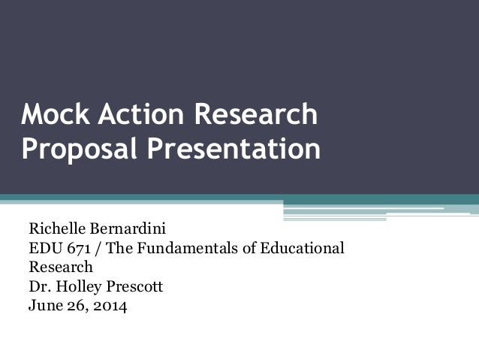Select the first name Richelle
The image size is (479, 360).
(55, 227)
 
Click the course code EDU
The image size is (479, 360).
(44, 247)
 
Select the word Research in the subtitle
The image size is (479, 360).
(61, 266)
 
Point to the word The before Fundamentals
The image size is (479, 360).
(116, 247)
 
